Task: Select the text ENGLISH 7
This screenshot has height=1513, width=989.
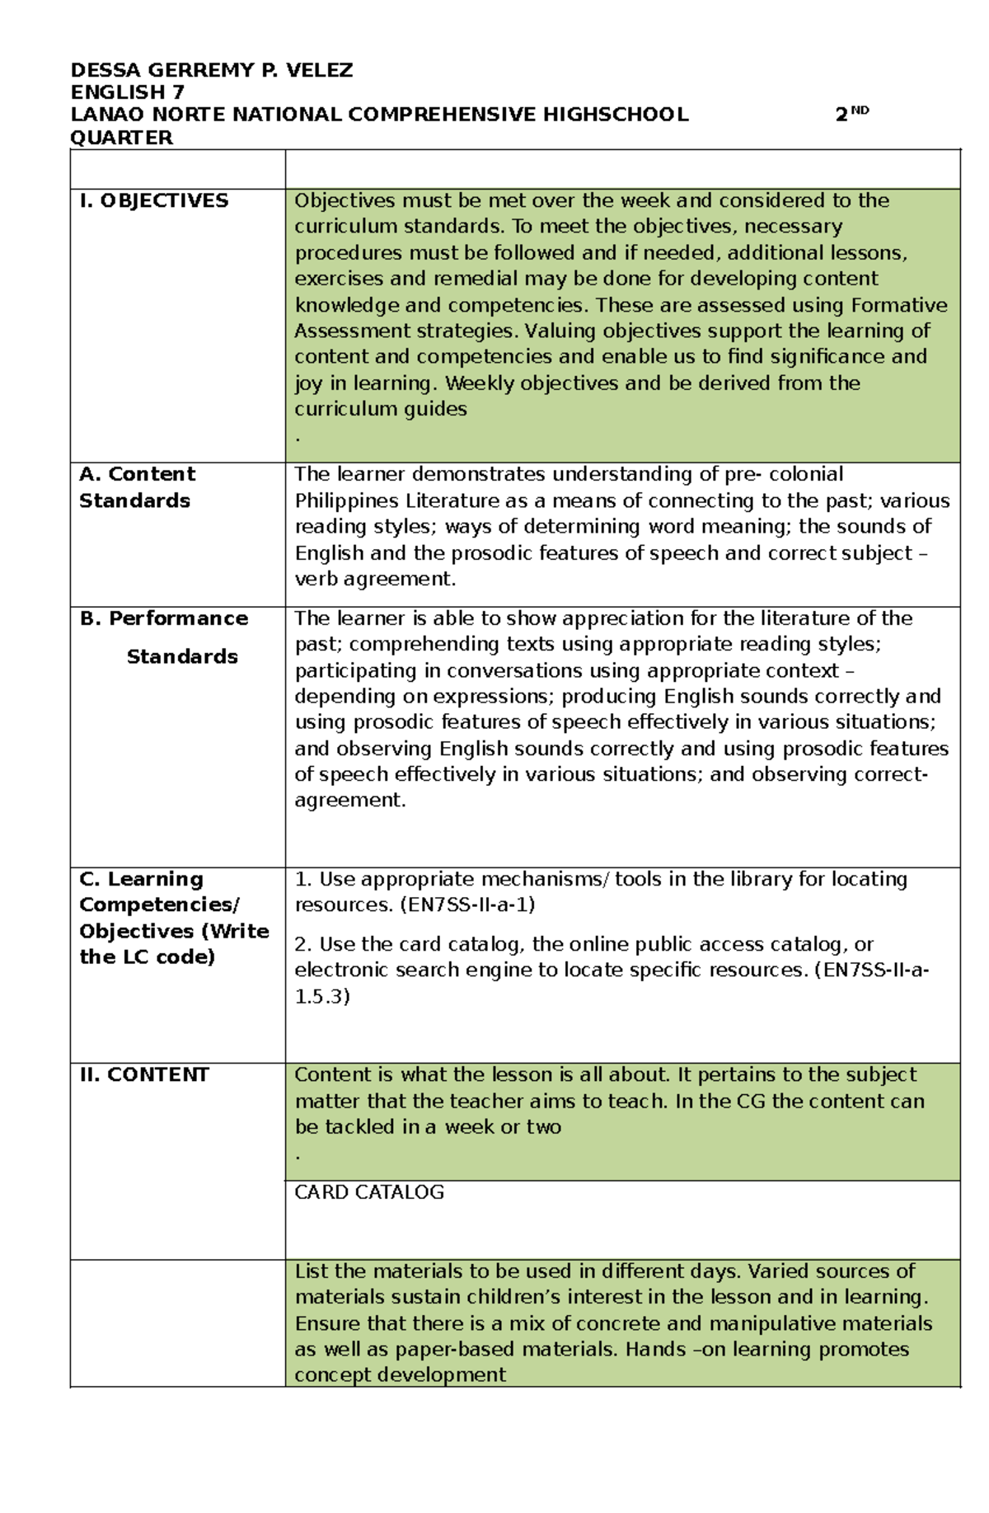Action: [128, 92]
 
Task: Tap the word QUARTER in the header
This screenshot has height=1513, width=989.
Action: [122, 138]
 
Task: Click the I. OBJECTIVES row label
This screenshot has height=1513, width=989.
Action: [153, 200]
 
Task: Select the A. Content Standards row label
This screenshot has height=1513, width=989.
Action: [137, 487]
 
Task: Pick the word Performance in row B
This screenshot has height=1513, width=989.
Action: [178, 618]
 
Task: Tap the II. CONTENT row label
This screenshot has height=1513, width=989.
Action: [144, 1074]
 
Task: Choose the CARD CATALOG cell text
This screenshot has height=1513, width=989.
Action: [369, 1192]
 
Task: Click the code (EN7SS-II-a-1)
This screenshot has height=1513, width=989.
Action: [467, 905]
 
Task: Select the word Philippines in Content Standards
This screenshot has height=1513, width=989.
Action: [346, 500]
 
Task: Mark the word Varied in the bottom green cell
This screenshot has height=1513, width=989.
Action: [776, 1271]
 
